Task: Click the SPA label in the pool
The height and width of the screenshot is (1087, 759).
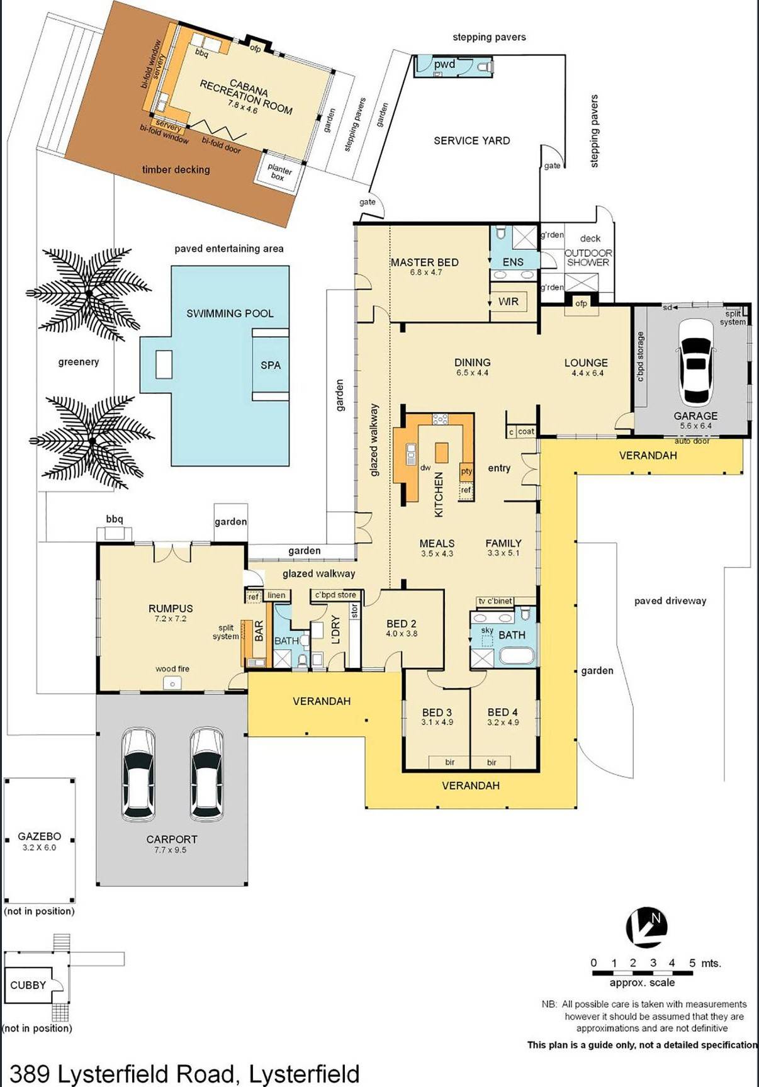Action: click(x=271, y=365)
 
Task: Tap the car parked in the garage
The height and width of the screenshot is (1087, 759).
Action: click(x=695, y=361)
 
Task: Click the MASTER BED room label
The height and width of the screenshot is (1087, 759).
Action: click(x=424, y=262)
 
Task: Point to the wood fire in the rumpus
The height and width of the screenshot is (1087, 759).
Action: click(x=172, y=683)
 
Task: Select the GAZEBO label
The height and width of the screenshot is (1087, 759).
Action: click(x=39, y=836)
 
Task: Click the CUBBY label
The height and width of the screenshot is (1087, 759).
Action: click(x=28, y=985)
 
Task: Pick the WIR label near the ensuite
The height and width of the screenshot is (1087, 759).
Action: click(x=509, y=301)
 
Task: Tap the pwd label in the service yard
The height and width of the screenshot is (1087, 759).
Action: click(x=444, y=64)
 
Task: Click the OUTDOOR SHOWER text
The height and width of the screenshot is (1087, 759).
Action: click(x=588, y=257)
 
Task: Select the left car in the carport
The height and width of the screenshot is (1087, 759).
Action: click(x=138, y=774)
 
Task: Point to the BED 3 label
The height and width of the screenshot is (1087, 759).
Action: click(x=437, y=712)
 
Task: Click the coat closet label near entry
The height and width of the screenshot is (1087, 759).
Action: click(x=526, y=431)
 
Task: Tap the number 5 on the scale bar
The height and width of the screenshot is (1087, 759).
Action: click(x=692, y=963)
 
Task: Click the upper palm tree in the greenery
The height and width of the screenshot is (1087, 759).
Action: click(x=88, y=293)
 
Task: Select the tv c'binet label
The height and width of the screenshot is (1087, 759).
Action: click(x=495, y=601)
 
